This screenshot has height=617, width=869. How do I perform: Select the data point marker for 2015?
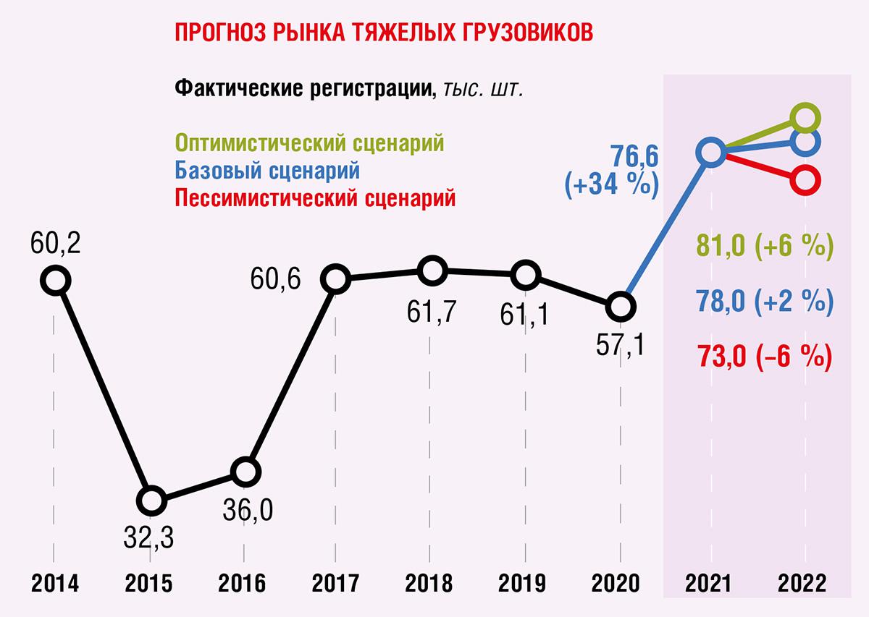[151, 500]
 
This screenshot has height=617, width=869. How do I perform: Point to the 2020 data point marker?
[620, 307]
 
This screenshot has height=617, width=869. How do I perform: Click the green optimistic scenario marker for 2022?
[805, 117]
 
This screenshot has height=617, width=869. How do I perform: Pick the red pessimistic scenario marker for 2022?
[805, 179]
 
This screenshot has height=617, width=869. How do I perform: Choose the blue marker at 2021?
[710, 152]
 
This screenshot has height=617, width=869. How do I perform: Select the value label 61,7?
[432, 314]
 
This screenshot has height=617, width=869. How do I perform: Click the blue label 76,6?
[634, 156]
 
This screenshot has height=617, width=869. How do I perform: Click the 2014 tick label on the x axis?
[55, 582]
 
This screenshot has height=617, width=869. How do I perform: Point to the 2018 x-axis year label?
[430, 582]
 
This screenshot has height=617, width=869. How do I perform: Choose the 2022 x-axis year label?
[805, 582]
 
